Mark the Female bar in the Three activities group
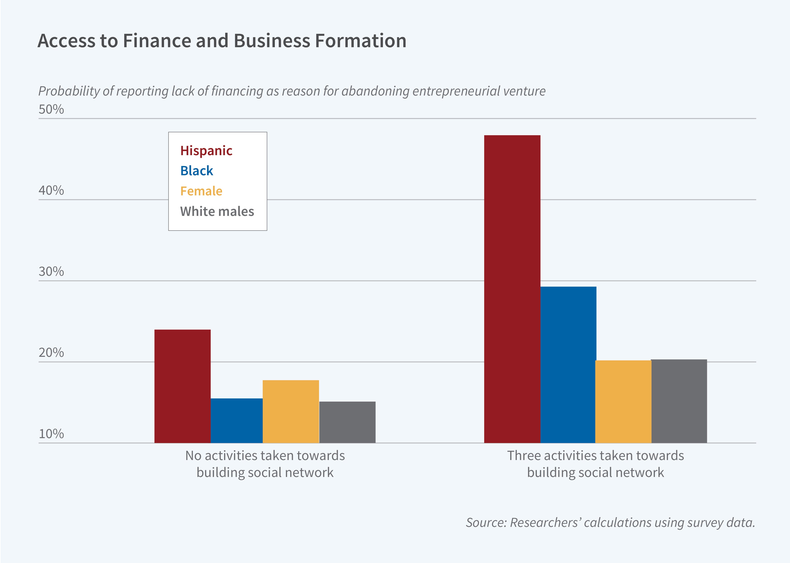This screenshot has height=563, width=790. click(x=623, y=402)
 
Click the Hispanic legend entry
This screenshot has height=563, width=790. click(x=206, y=151)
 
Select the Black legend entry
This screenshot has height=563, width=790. click(x=197, y=171)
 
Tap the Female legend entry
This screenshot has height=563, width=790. click(x=201, y=191)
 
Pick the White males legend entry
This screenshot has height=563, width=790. click(x=217, y=211)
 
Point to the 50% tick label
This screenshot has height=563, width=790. click(x=51, y=110)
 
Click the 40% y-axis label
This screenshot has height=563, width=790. click(x=51, y=190)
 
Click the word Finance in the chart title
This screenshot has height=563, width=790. click(x=157, y=41)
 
